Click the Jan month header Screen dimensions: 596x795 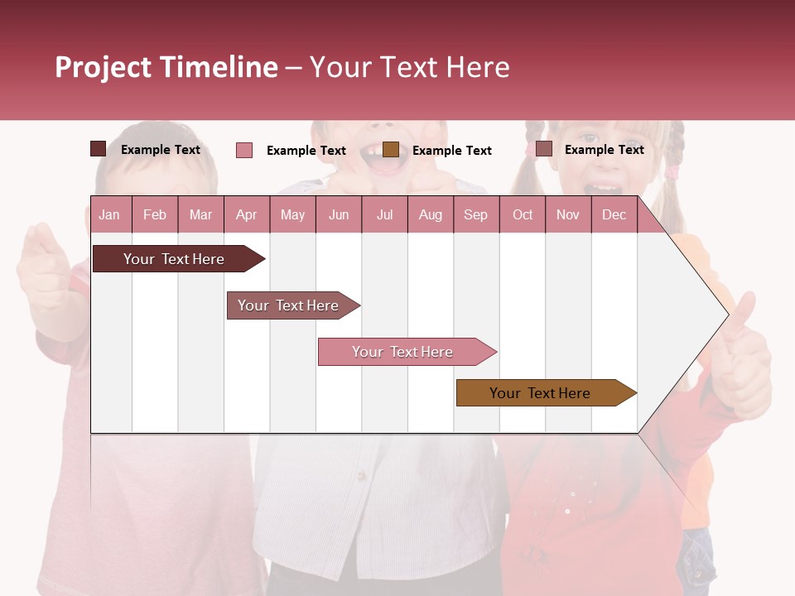click(x=109, y=214)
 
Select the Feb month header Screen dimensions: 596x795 click(x=155, y=214)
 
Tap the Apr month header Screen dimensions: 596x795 click(x=246, y=214)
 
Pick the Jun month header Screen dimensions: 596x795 click(x=339, y=214)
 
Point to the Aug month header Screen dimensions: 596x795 click(x=430, y=214)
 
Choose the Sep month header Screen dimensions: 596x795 click(x=475, y=214)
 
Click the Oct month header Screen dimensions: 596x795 click(x=523, y=214)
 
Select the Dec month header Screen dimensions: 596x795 click(x=614, y=214)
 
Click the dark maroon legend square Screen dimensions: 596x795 click(x=98, y=149)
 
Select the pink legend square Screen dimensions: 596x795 click(x=244, y=150)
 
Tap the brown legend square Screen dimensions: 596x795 click(x=391, y=150)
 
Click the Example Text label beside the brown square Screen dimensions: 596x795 click(x=451, y=150)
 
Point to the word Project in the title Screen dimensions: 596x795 click(x=103, y=67)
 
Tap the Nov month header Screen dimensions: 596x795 click(x=568, y=214)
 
